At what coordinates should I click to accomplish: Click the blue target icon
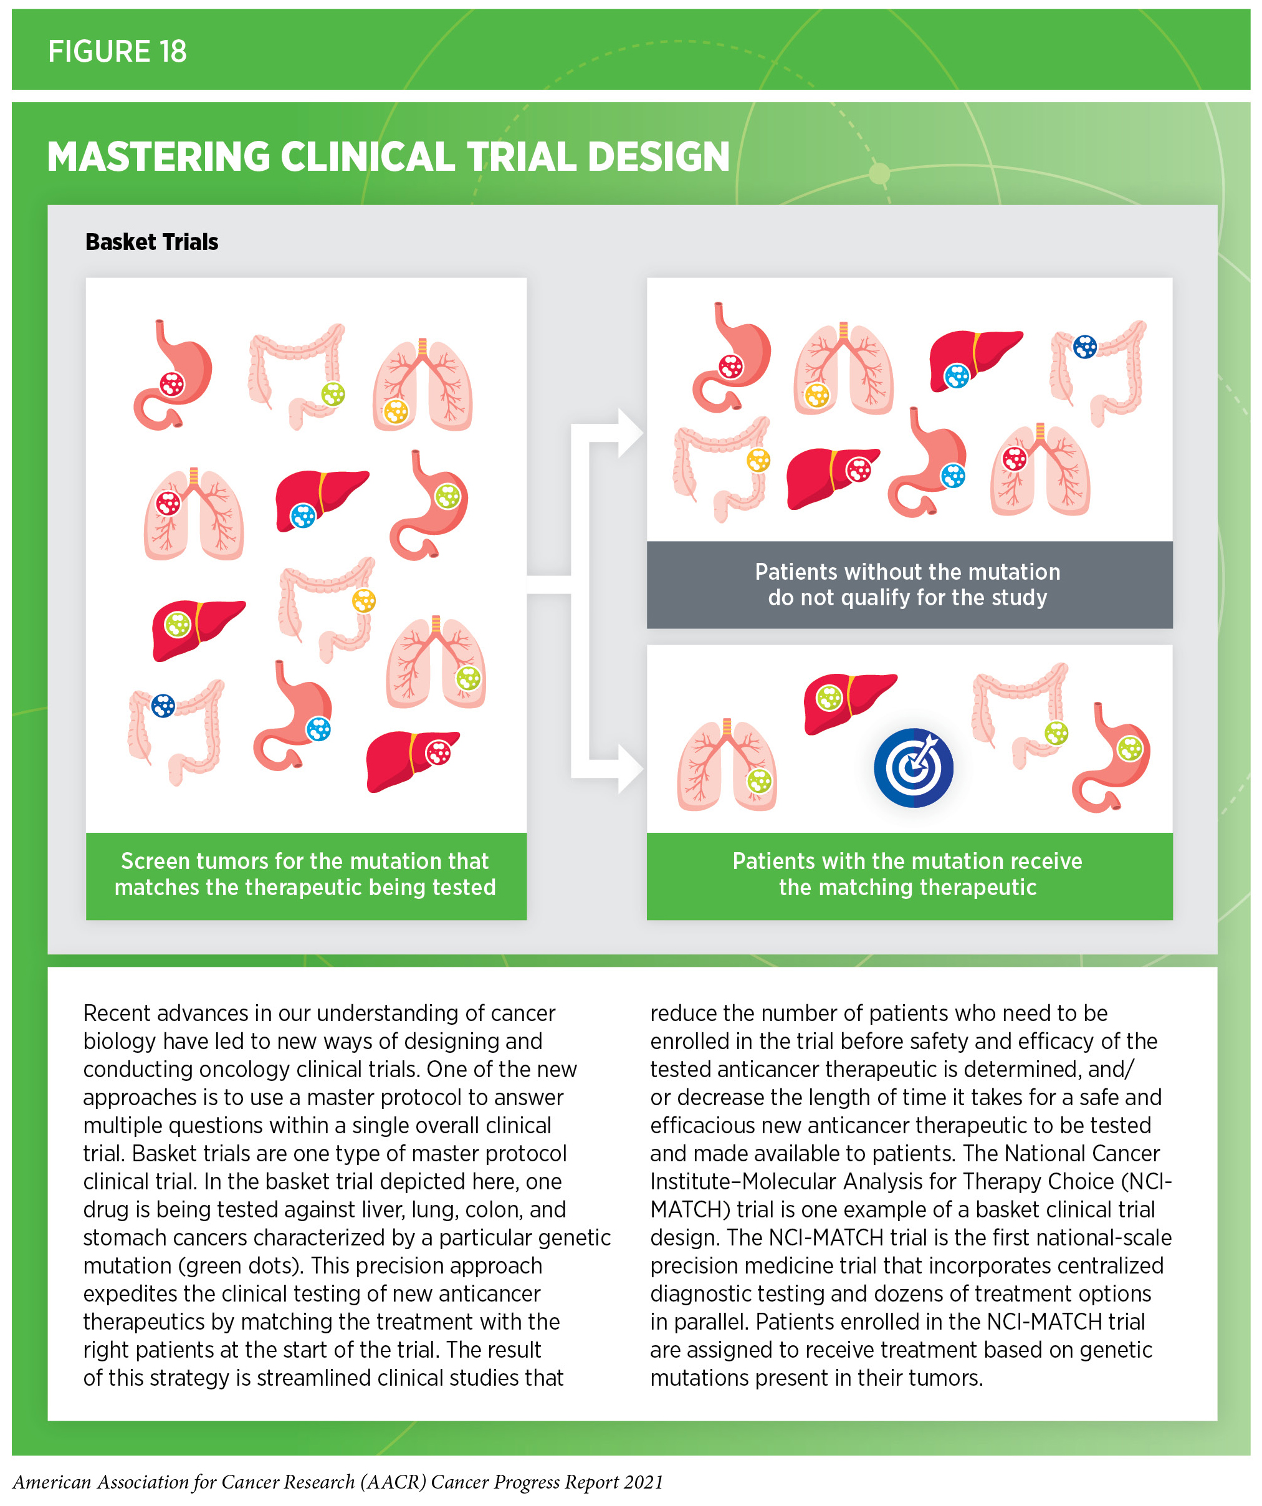(x=913, y=767)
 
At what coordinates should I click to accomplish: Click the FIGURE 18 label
(x=117, y=52)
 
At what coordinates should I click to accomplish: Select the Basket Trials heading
(x=151, y=242)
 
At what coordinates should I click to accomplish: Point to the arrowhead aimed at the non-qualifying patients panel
(x=629, y=433)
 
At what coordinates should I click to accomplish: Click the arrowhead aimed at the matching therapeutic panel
(x=629, y=768)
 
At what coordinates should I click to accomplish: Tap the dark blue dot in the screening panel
(x=163, y=706)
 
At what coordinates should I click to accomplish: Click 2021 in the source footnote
(x=643, y=1482)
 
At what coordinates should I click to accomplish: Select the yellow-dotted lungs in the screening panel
(x=422, y=386)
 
